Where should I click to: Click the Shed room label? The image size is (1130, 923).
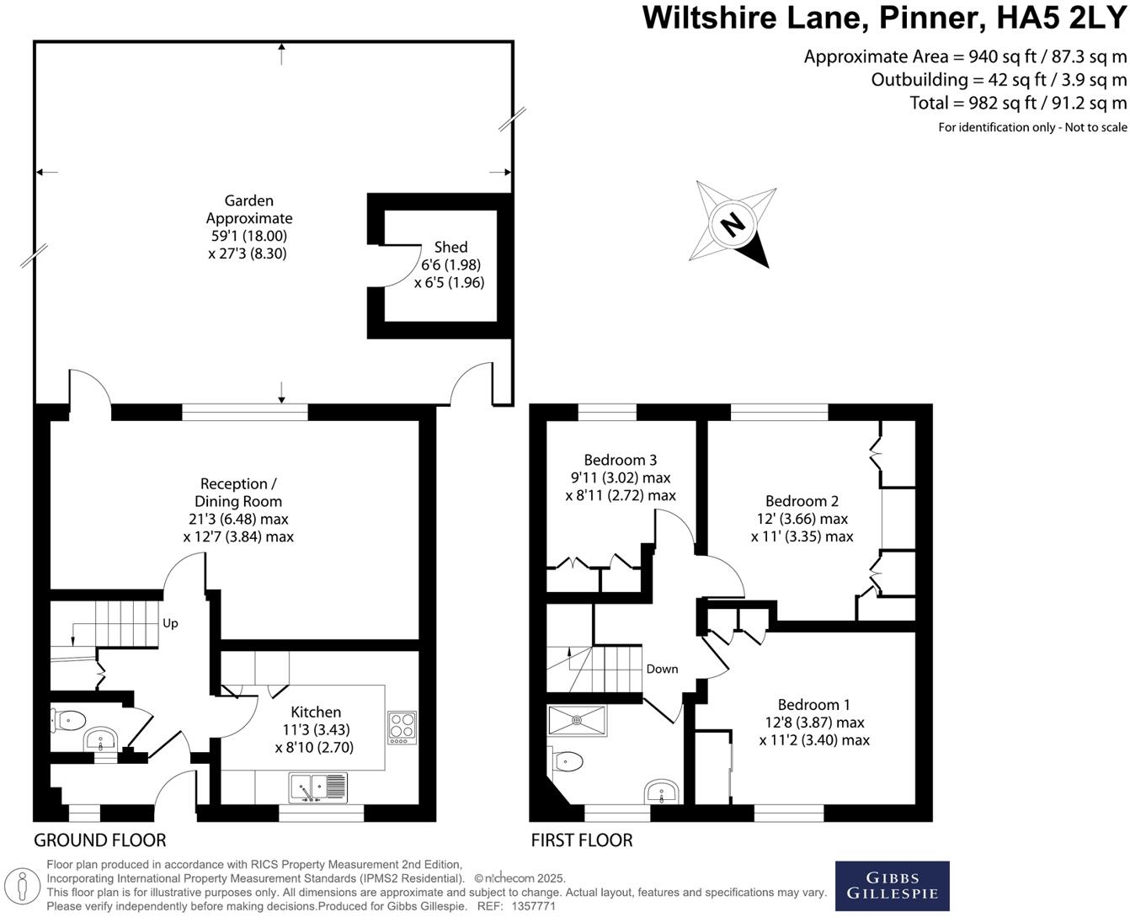450,247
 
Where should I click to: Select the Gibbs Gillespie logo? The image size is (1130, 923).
892,885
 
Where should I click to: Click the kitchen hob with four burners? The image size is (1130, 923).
402,728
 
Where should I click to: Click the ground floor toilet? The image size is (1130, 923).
70,720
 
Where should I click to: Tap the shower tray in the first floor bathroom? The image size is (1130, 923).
577,721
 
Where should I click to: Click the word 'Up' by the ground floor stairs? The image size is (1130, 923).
170,623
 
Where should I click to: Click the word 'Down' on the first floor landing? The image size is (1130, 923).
662,669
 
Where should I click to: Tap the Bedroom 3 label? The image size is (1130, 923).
620,460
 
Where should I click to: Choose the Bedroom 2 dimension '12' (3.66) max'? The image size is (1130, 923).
802,519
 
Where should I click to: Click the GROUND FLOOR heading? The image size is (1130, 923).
99,840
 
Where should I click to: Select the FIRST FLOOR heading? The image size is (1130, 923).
581,840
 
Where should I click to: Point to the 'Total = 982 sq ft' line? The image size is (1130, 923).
1017,103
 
